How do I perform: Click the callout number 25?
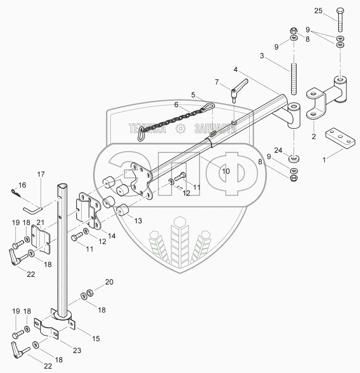pos(319,11)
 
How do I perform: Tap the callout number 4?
pos(236,70)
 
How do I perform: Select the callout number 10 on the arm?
pos(226,171)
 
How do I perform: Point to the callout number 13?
pos(137,221)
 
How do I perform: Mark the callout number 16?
pos(23,185)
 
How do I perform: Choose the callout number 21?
pos(41,222)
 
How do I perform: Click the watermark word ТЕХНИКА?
pos(147,129)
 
